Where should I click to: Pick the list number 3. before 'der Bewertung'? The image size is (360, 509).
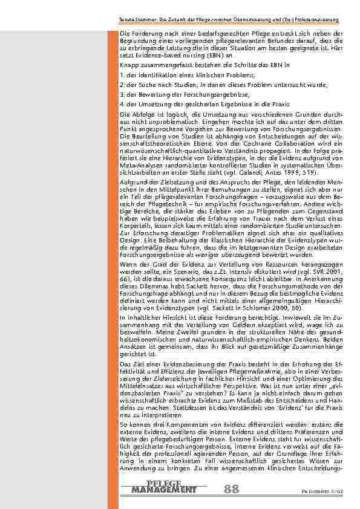click(x=122, y=95)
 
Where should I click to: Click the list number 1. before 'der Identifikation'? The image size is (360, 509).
click(x=122, y=75)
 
